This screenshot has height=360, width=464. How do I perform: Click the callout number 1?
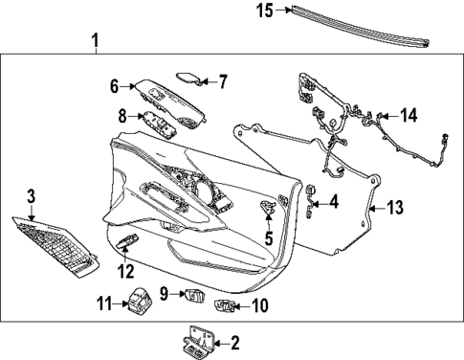coord(94,41)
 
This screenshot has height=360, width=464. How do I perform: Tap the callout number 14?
coord(409,115)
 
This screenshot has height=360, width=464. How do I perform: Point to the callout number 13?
coord(394,206)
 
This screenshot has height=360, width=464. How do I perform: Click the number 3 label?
coord(31,195)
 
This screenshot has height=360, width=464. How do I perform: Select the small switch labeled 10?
coord(226,306)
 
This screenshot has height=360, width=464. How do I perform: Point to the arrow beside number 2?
coord(224,342)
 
